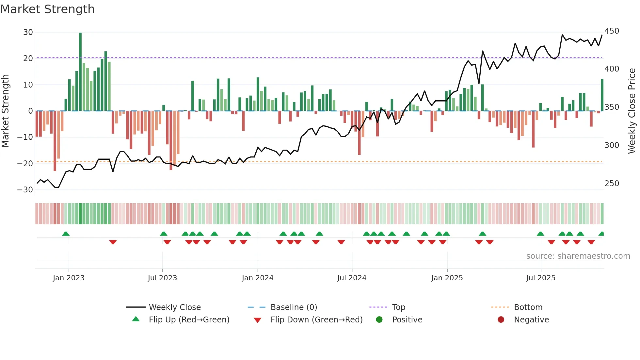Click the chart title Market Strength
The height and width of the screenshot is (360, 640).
pyautogui.click(x=48, y=9)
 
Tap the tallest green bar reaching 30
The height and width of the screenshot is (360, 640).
pyautogui.click(x=80, y=72)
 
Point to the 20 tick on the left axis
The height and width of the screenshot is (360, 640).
pyautogui.click(x=28, y=58)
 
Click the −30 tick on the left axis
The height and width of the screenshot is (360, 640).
pyautogui.click(x=25, y=190)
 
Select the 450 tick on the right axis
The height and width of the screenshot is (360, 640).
pyautogui.click(x=612, y=31)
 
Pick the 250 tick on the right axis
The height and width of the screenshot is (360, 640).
pyautogui.click(x=612, y=184)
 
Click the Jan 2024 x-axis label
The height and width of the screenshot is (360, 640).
pyautogui.click(x=258, y=278)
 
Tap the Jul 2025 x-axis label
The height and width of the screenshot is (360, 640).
pyautogui.click(x=541, y=278)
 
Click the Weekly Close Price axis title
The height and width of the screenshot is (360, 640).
pyautogui.click(x=632, y=111)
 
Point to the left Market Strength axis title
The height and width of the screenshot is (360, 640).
pyautogui.click(x=6, y=111)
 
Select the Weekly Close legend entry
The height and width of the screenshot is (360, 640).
pyautogui.click(x=175, y=307)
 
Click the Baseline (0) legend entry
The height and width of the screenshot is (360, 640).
pyautogui.click(x=294, y=307)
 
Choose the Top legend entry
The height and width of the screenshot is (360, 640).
pyautogui.click(x=398, y=307)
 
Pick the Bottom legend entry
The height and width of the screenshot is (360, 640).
pyautogui.click(x=528, y=307)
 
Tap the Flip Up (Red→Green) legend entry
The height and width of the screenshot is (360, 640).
pyautogui.click(x=189, y=320)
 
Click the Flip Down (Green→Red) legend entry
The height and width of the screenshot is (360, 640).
pyautogui.click(x=316, y=320)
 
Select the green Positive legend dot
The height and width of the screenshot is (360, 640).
pyautogui.click(x=379, y=320)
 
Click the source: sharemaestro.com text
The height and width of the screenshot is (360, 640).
pyautogui.click(x=578, y=256)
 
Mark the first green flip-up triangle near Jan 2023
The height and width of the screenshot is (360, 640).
pyautogui.click(x=66, y=234)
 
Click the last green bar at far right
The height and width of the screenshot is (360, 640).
pyautogui.click(x=602, y=95)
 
